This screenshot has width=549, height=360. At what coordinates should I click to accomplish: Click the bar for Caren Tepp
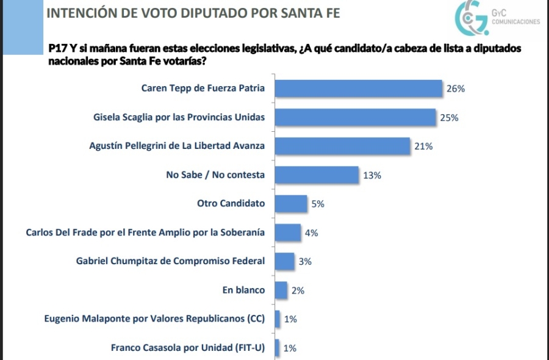tap(358, 88)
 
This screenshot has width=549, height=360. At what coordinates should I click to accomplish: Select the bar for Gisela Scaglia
tap(355, 117)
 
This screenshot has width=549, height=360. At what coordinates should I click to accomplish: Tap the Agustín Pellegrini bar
tap(342, 146)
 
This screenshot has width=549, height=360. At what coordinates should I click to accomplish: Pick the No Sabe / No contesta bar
tap(316, 175)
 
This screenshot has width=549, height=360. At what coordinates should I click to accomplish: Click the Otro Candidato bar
tap(290, 203)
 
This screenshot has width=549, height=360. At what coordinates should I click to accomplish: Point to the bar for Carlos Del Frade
tap(287, 232)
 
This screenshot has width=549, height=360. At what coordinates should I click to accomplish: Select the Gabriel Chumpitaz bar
tap(284, 261)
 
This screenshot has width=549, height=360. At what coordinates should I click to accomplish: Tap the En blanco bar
tap(281, 290)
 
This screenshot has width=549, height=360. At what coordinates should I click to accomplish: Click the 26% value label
tap(456, 88)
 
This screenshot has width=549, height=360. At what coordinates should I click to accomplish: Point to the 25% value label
tap(449, 118)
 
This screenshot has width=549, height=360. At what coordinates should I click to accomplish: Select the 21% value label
tap(423, 146)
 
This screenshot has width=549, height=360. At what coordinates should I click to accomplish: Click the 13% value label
tap(372, 175)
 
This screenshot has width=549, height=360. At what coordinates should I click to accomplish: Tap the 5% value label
tap(318, 204)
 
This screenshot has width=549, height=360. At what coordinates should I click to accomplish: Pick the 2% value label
tap(298, 290)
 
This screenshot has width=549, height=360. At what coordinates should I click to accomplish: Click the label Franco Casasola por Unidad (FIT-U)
tap(188, 348)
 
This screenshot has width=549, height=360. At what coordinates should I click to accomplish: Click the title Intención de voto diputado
tap(193, 13)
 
